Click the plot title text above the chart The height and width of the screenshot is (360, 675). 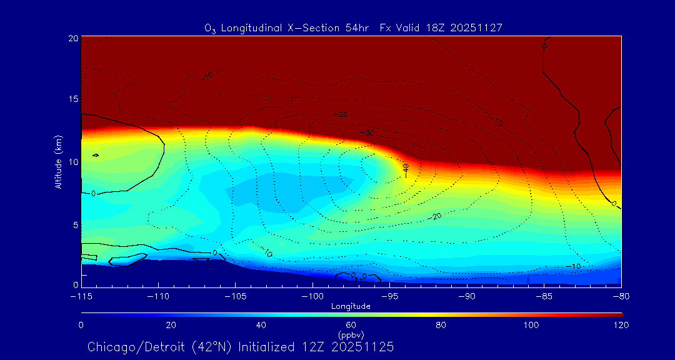(353, 28)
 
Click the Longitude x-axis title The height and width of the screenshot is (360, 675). (351, 306)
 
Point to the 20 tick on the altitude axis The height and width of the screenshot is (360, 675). (72, 38)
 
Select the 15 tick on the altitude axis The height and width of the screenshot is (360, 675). (72, 99)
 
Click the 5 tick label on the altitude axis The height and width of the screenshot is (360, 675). (75, 224)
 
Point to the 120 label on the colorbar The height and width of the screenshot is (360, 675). (621, 325)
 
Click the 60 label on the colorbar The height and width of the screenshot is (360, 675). (351, 325)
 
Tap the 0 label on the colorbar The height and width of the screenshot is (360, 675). (81, 325)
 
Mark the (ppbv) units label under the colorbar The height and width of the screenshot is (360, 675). (351, 334)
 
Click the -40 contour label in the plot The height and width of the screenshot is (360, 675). (406, 169)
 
